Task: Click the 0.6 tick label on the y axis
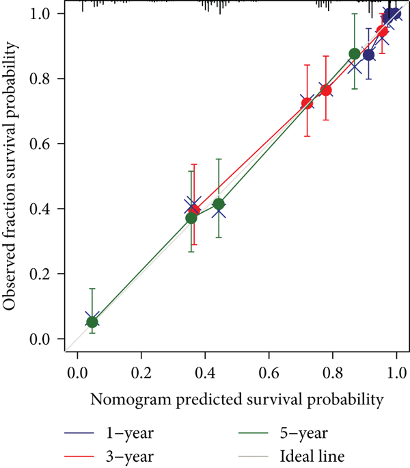coord(46,144)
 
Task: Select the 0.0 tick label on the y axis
coord(46,339)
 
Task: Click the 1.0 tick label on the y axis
coord(46,14)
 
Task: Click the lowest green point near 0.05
coord(92,322)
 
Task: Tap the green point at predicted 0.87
coord(355,54)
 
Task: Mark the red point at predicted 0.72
coord(307,103)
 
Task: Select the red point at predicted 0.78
coord(326,90)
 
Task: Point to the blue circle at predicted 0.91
coord(369,55)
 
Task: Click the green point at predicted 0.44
coord(219,204)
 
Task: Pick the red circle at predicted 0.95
coord(383,31)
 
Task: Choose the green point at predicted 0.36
coord(191,218)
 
